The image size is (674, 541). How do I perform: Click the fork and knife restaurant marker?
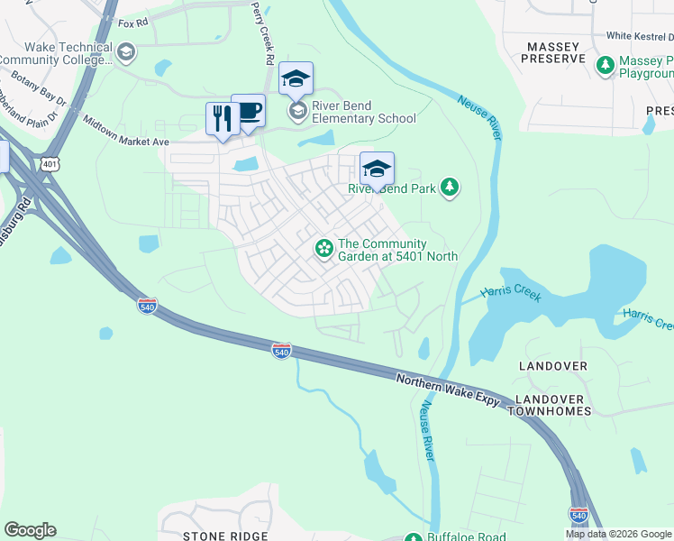coord(222,118)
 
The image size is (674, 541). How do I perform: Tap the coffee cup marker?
coord(248,111)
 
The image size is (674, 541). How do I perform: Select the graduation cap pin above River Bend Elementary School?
coord(296,78)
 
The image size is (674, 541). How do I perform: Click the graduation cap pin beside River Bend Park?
coord(377,168)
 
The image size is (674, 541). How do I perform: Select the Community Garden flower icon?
coord(323,247)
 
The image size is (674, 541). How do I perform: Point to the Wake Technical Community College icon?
coord(126,52)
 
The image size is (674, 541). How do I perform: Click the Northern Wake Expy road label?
coord(448,390)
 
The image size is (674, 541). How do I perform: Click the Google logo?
coord(30,529)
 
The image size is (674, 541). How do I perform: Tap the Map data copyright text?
coord(619,534)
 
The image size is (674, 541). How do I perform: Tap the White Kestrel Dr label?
coord(640,36)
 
